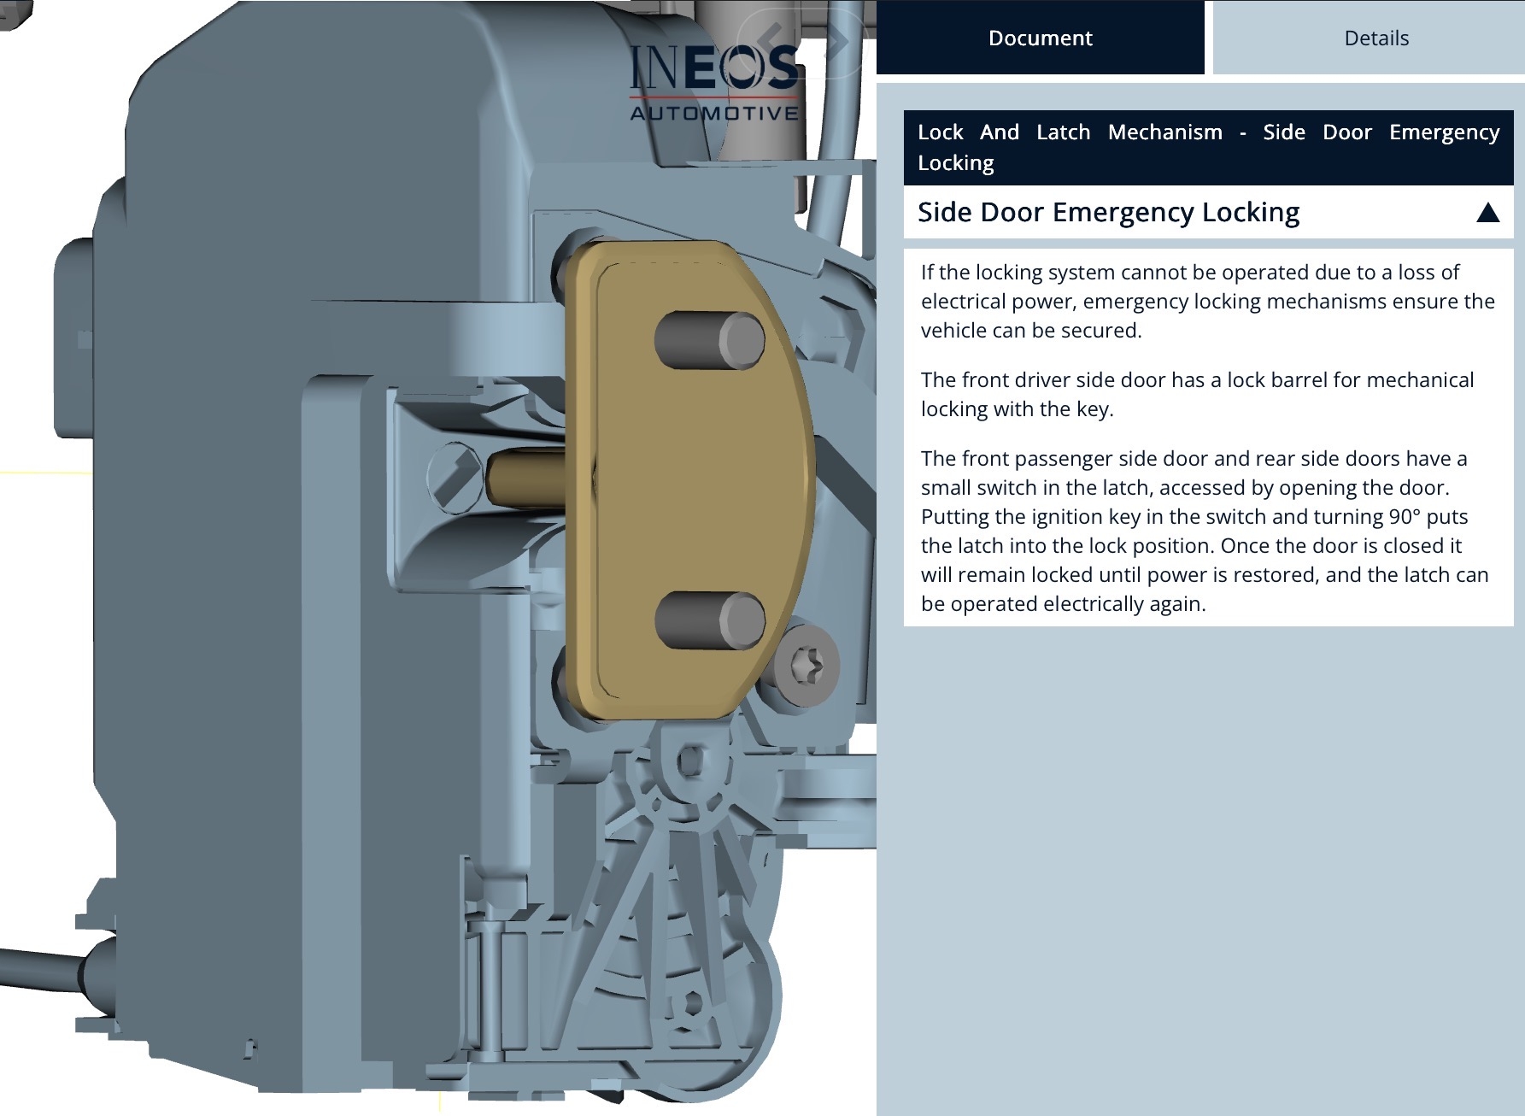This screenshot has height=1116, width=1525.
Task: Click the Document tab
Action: point(1040,38)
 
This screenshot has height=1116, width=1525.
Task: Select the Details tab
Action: point(1376,38)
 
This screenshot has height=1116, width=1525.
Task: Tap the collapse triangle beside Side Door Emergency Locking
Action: point(1487,212)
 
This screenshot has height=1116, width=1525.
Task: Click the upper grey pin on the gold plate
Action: point(709,340)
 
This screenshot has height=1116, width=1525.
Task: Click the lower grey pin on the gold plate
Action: point(710,620)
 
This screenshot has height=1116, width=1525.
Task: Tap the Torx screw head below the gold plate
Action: point(807,664)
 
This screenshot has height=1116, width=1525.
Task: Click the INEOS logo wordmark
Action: point(714,68)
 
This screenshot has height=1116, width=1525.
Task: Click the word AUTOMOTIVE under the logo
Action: point(714,113)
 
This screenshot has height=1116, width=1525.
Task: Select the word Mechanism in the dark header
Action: point(1164,132)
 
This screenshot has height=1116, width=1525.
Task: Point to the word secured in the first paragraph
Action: point(1101,331)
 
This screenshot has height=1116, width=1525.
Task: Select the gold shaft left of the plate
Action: point(525,479)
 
